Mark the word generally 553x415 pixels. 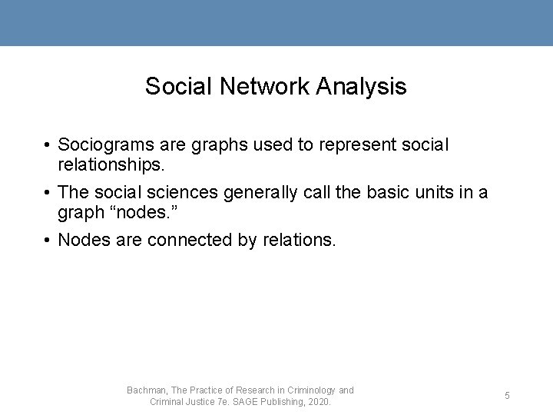click(263, 192)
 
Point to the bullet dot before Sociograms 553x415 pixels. click(48, 145)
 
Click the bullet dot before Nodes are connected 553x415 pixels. click(48, 241)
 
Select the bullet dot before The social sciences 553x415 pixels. click(48, 193)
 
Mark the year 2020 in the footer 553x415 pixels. click(318, 402)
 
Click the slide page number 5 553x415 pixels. click(507, 396)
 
